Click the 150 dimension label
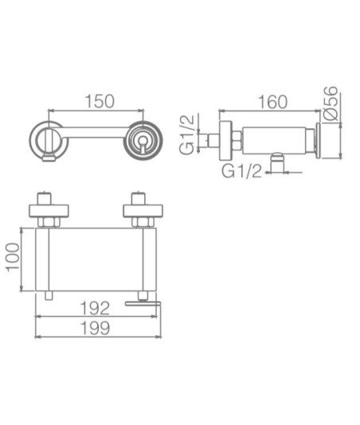point(100,101)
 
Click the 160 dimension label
point(272,102)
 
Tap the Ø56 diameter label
point(331,103)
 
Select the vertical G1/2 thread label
point(187,135)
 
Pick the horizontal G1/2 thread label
point(241,171)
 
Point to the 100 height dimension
point(13,257)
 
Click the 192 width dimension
point(96,308)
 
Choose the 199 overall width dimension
point(96,328)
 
